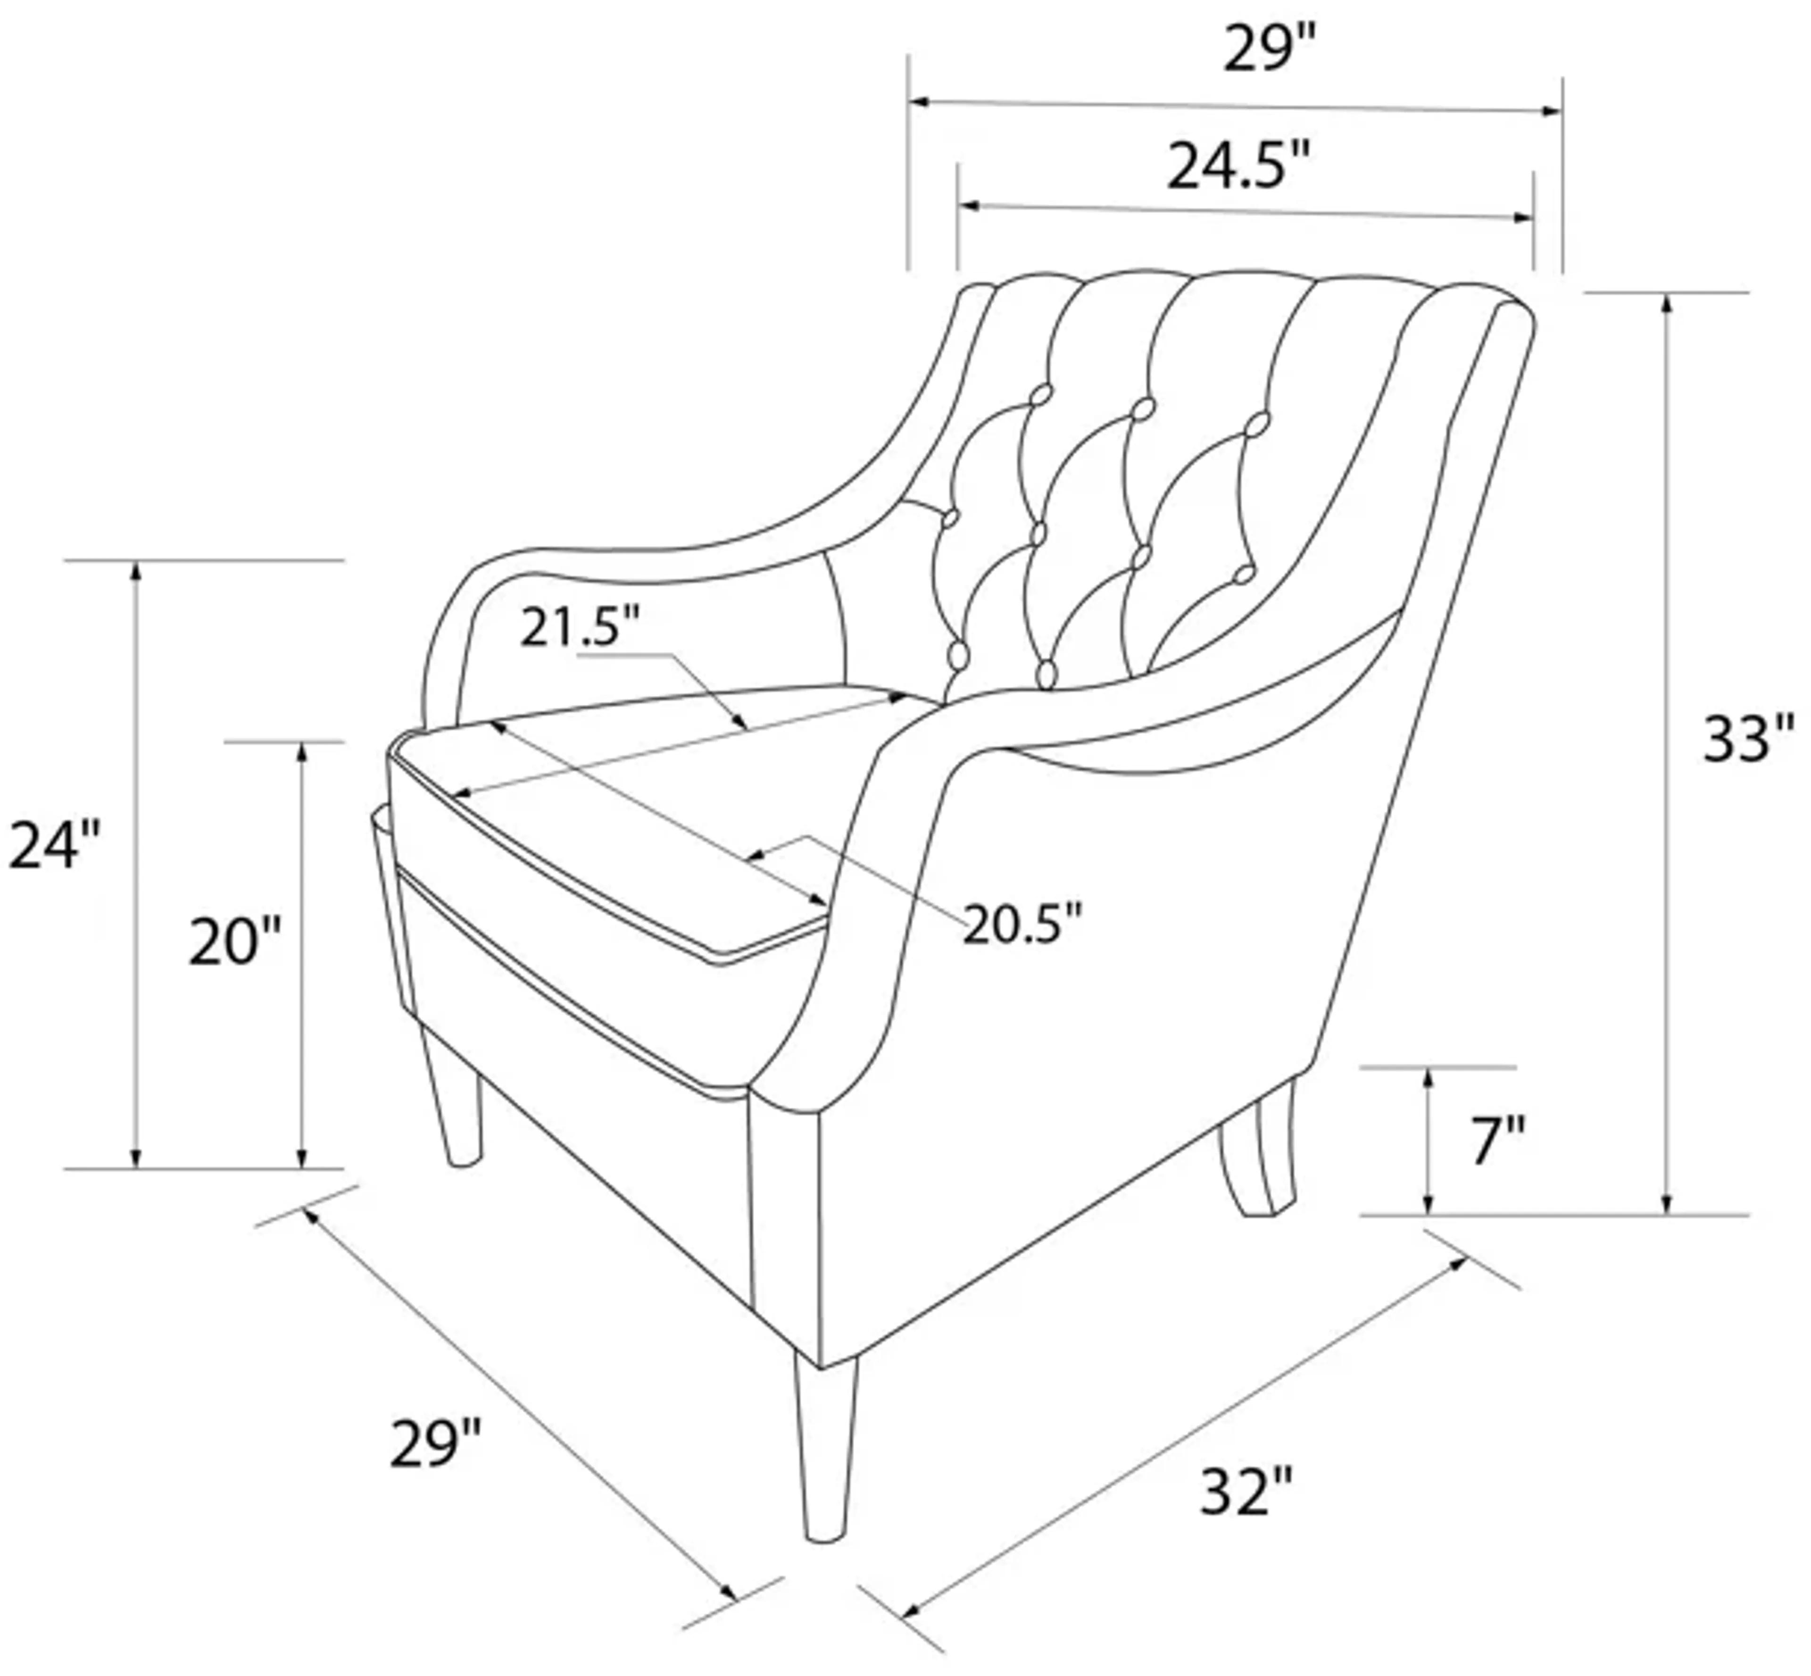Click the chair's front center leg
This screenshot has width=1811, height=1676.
coord(825,1451)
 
